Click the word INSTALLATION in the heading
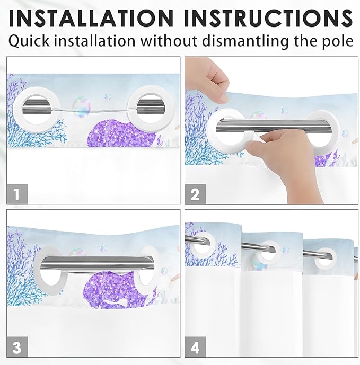[x=91, y=19]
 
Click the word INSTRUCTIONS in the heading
[x=268, y=19]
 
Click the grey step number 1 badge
[x=17, y=194]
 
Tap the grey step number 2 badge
[x=195, y=194]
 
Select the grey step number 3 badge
[x=17, y=346]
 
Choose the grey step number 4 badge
[x=195, y=346]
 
